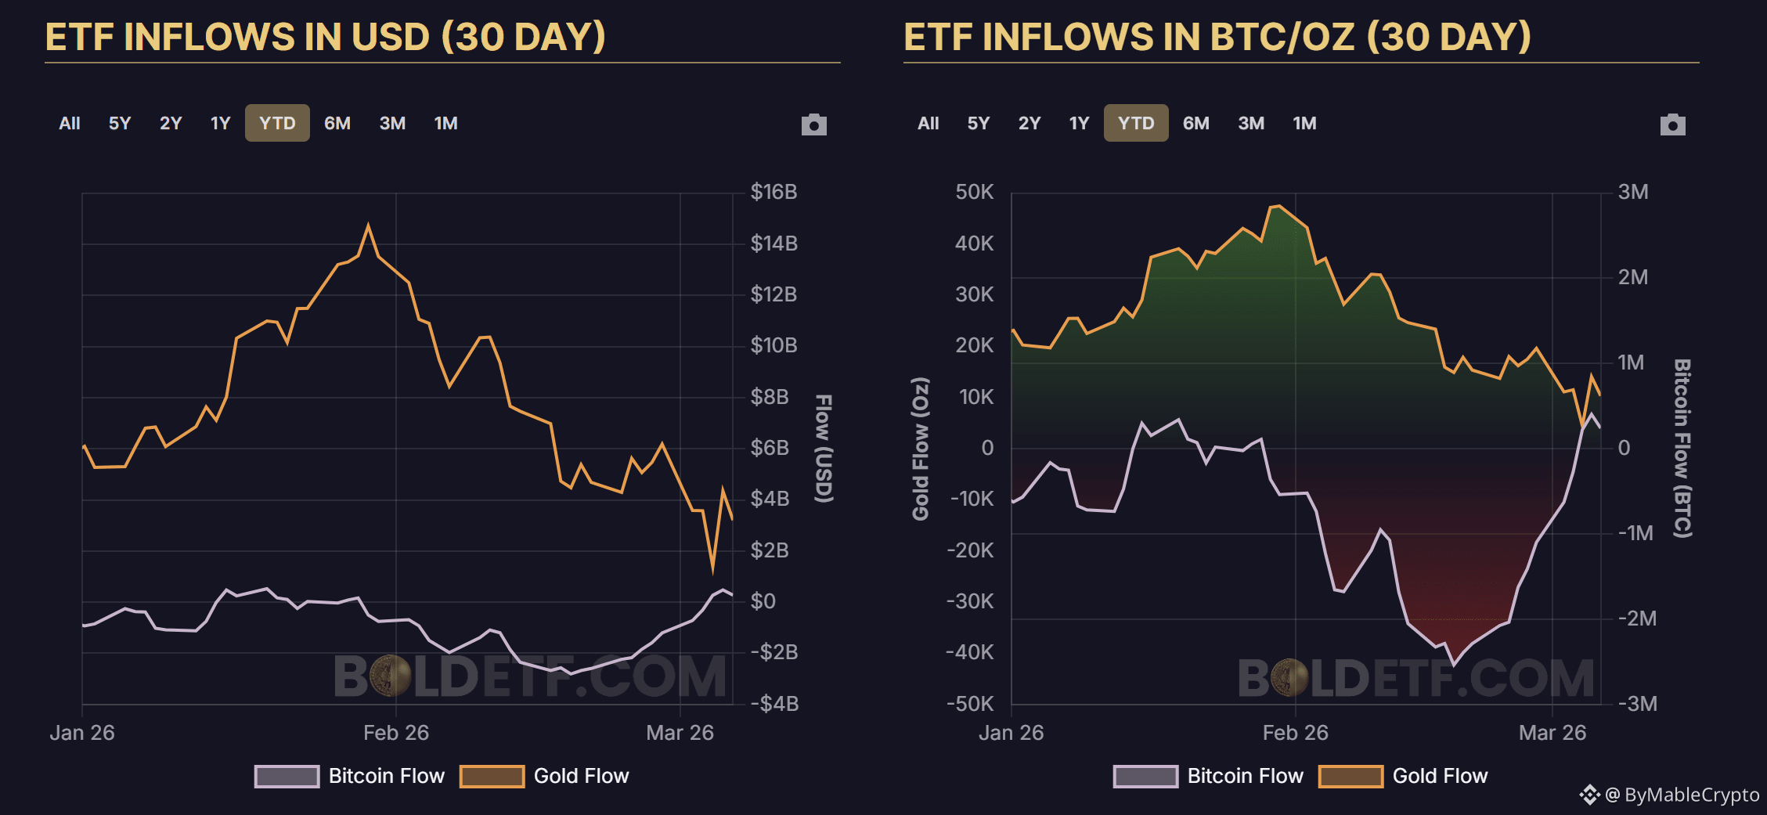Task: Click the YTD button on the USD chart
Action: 277,123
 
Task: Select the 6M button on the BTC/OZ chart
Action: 1195,123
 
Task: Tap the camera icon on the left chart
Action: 813,124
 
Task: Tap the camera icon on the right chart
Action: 1672,124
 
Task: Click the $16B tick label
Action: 774,192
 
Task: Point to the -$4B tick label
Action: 774,703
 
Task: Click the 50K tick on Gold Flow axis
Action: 974,192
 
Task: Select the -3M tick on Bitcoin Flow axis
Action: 1637,703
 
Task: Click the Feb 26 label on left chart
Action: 396,733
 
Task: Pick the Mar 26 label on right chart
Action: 1552,733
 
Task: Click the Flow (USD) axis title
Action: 824,449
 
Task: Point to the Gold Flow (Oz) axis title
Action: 921,449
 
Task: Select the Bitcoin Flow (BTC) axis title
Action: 1682,449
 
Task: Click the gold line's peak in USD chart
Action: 369,225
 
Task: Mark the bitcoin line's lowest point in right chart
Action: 1454,665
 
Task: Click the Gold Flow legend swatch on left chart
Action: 492,776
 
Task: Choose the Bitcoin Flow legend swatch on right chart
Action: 1145,776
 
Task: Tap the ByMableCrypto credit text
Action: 1691,795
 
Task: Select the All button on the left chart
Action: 70,123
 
